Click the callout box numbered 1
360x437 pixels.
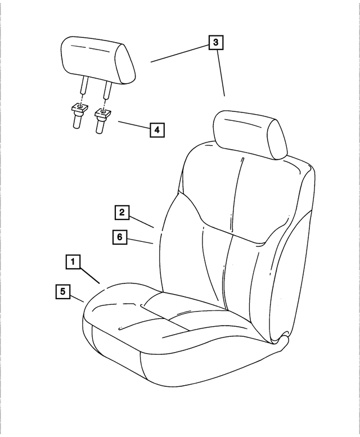pyautogui.click(x=73, y=262)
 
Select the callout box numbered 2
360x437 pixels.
pyautogui.click(x=122, y=213)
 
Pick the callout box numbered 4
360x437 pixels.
pyautogui.click(x=156, y=130)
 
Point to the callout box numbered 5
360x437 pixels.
pyautogui.click(x=63, y=291)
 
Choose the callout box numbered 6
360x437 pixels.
pyautogui.click(x=119, y=237)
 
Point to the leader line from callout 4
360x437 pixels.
pyautogui.click(x=133, y=126)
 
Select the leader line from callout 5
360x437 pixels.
pyautogui.click(x=78, y=298)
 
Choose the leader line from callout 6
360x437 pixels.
pyautogui.click(x=141, y=241)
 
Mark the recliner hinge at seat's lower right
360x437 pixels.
pyautogui.click(x=281, y=340)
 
